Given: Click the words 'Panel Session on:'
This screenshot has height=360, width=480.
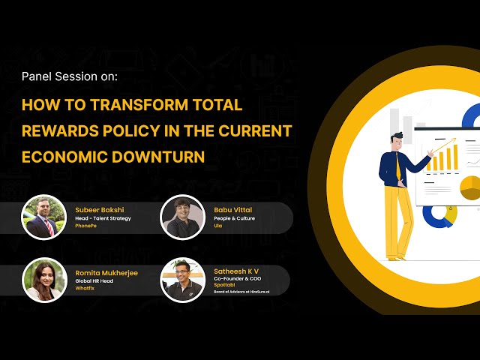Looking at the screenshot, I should [70, 76].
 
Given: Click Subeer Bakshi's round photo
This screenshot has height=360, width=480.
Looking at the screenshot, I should [43, 217].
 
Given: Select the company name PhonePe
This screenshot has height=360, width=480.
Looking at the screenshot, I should [86, 226].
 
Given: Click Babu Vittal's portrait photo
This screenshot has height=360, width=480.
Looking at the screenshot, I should [183, 217].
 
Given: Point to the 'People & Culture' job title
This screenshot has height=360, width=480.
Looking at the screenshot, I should [234, 217].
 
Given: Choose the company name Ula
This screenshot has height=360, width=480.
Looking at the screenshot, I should [217, 226].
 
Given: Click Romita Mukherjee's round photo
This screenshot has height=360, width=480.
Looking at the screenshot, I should [43, 280].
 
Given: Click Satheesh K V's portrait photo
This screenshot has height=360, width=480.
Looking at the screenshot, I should [183, 280].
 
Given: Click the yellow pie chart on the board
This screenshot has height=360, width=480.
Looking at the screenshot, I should [469, 187].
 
